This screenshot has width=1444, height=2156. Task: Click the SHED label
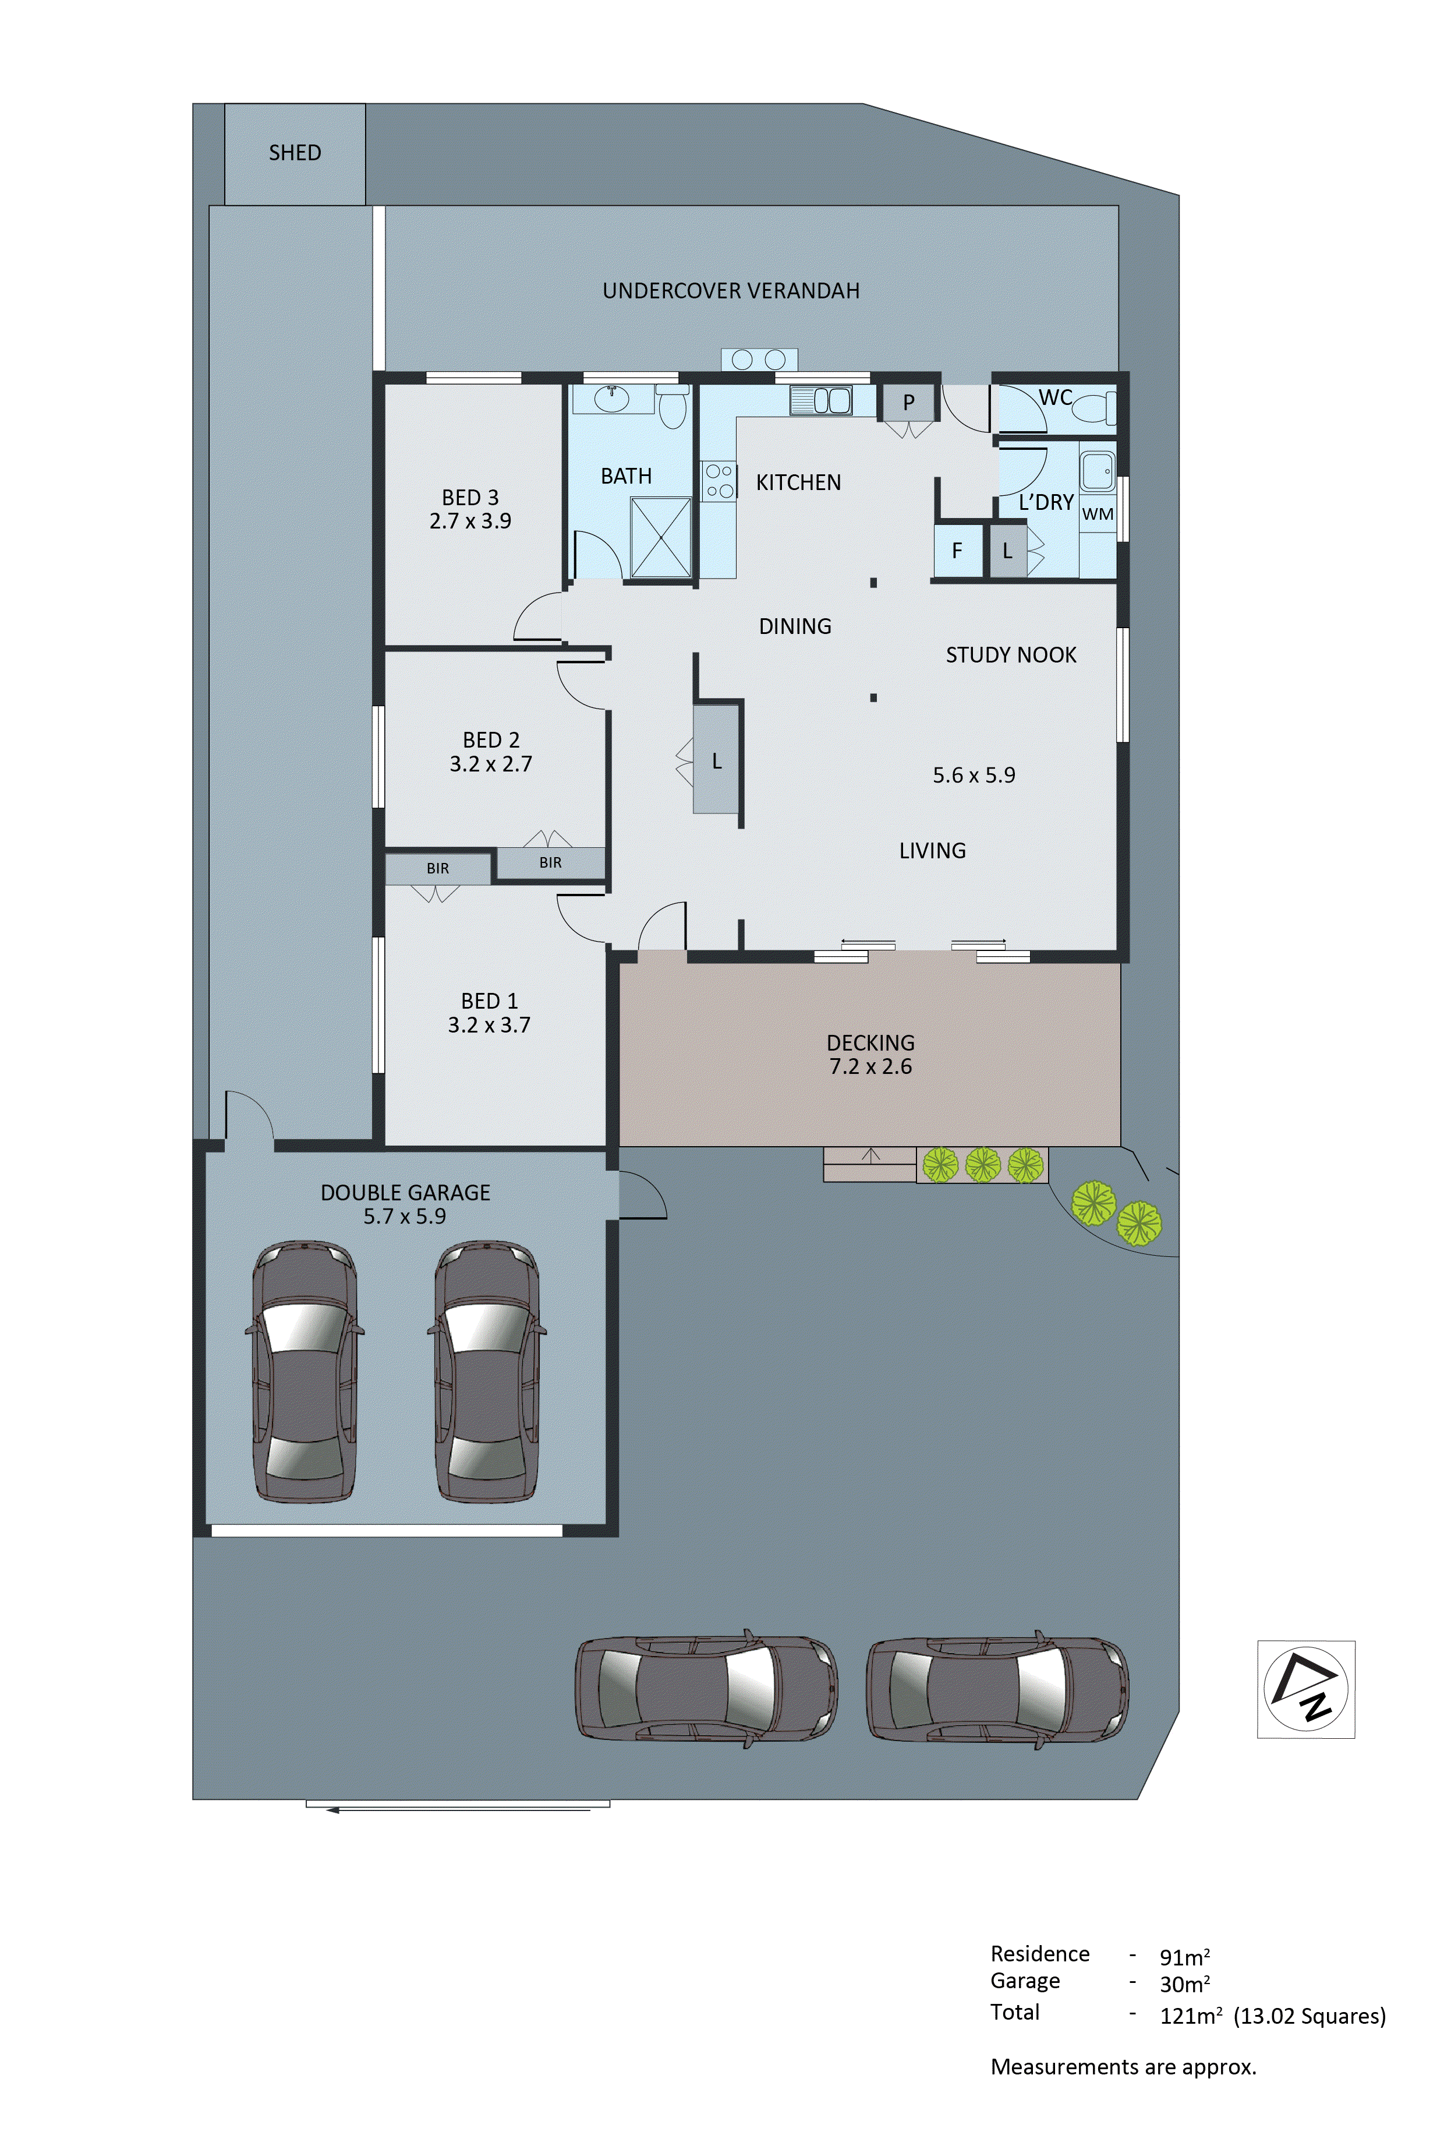pyautogui.click(x=295, y=153)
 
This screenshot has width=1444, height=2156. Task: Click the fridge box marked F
pyautogui.click(x=957, y=551)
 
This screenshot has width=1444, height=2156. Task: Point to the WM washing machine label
pyautogui.click(x=1097, y=514)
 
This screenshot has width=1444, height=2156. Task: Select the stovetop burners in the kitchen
pyautogui.click(x=719, y=481)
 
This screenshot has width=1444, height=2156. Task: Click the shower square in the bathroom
pyautogui.click(x=660, y=537)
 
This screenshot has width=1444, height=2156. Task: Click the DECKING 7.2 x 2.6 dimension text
pyautogui.click(x=870, y=1067)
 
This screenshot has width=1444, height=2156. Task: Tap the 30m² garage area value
pyautogui.click(x=1183, y=1984)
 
